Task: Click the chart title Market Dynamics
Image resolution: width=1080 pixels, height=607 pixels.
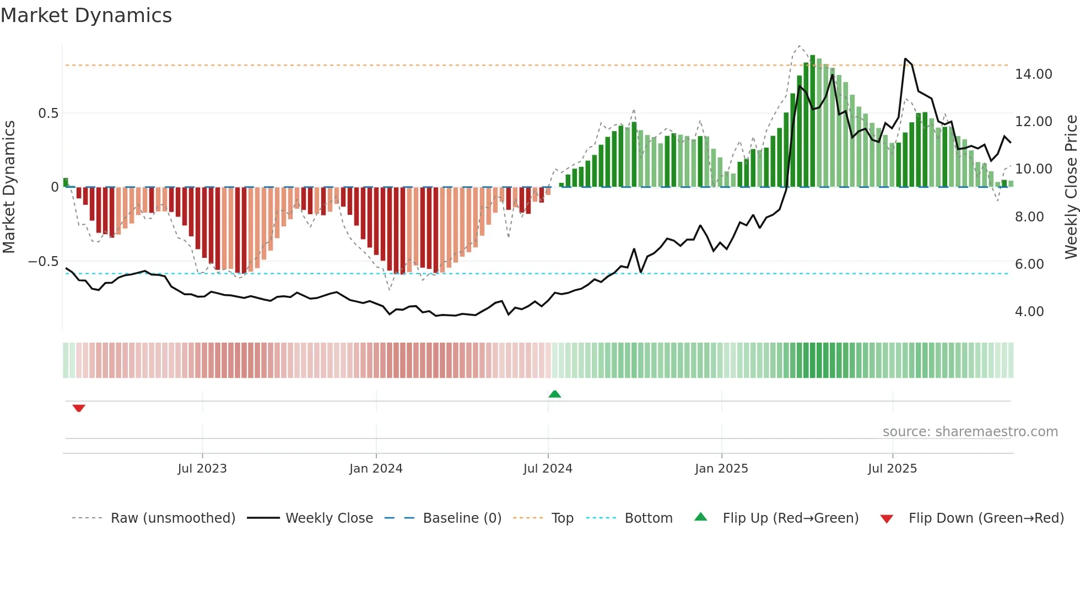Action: pos(87,15)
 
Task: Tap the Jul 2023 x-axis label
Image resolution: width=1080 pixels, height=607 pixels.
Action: pos(202,469)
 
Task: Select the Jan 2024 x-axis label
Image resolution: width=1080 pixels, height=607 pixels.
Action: pos(376,469)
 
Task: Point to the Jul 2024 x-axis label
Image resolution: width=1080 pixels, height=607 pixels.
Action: pos(548,469)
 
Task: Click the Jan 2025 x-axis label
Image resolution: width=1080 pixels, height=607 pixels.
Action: pos(721,469)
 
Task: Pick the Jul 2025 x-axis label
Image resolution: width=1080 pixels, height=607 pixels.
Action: pos(892,469)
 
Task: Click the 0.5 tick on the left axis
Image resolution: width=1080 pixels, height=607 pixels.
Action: pos(48,113)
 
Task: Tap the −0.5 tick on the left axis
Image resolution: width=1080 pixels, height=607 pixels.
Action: pos(44,262)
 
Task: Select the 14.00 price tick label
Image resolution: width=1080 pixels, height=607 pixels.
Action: pos(1033,74)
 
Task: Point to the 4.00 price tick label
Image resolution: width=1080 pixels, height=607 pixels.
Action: pos(1029,312)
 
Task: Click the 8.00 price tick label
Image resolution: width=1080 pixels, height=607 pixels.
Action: pos(1029,217)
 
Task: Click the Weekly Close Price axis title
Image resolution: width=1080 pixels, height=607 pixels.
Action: pos(1071,187)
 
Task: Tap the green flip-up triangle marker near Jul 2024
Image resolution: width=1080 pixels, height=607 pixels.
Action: pos(555,394)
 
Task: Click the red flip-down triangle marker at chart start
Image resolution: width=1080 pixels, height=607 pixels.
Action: pos(79,408)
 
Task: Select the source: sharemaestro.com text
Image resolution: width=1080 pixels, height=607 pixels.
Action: pos(970,432)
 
